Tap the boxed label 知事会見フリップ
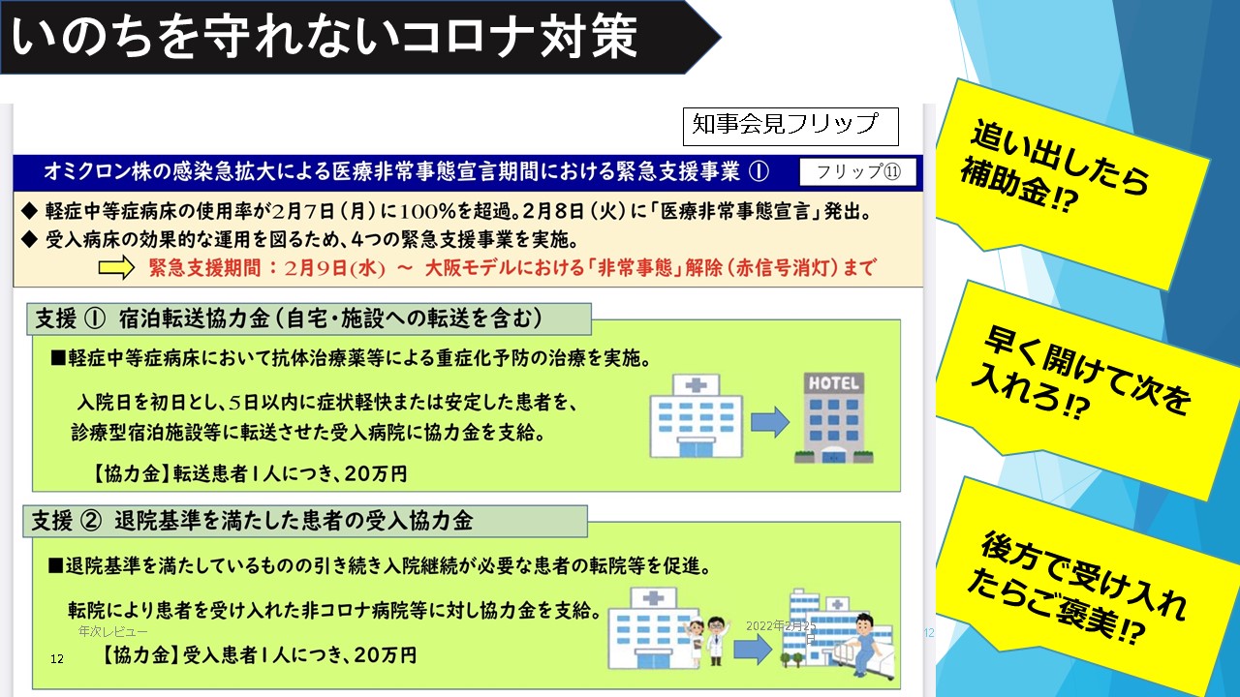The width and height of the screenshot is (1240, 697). coord(790,127)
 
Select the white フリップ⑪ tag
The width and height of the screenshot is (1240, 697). coord(858,172)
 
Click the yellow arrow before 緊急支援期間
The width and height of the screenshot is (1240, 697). coord(116,268)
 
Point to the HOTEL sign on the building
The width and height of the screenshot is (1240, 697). coord(834,382)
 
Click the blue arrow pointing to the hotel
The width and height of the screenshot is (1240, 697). coord(770,423)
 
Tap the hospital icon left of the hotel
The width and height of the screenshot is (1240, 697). coord(696,416)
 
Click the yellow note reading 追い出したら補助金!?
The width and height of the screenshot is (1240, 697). coord(1071,183)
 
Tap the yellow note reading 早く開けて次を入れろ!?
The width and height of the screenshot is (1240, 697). coord(1085,387)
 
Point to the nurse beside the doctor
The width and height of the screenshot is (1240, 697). coord(695,642)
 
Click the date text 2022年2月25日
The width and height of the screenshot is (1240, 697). coord(781,630)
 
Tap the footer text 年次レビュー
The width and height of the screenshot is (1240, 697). coord(113,631)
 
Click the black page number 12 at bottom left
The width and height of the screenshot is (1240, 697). coord(57,659)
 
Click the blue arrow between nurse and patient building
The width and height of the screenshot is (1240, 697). coord(753,650)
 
